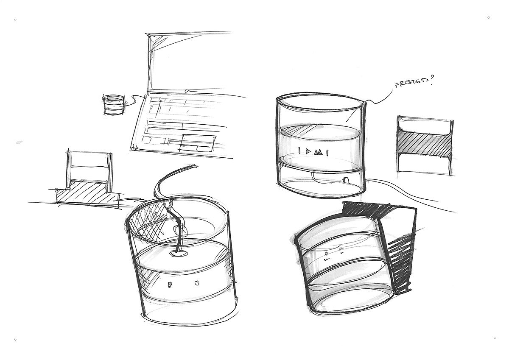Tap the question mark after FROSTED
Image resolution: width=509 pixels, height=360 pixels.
point(431,81)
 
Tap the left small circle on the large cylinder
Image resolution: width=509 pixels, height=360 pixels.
point(169,285)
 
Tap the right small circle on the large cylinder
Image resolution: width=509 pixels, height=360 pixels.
point(197,283)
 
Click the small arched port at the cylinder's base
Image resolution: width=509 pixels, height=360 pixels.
point(346,180)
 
